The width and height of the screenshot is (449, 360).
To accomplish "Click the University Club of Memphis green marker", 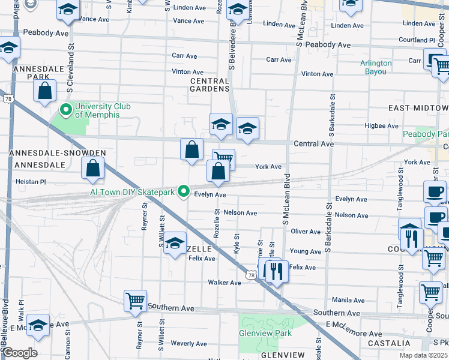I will pos(66,110).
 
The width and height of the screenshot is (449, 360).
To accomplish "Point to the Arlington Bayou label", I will pos(376,67).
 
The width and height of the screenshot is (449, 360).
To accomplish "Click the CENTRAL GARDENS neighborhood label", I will pos(210,85).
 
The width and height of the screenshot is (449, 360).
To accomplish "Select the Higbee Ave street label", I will pos(382,126).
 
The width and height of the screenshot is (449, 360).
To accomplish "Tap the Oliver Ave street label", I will pos(306,231).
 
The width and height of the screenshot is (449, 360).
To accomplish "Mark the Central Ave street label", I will pos(313,144).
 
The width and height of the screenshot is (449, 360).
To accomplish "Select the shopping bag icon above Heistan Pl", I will pos(92,169).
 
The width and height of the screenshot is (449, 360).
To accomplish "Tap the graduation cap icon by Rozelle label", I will pos(175,244).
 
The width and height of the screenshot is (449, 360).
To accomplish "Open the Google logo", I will pos(20,353).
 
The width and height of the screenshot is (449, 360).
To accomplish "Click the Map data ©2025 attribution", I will pos(423,355).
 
